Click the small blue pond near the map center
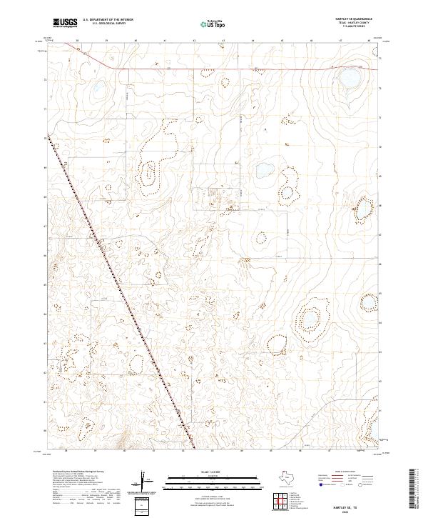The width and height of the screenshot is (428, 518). point(265,170)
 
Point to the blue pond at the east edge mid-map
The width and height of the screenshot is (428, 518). point(363,208)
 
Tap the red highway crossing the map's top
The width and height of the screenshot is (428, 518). point(214,69)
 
